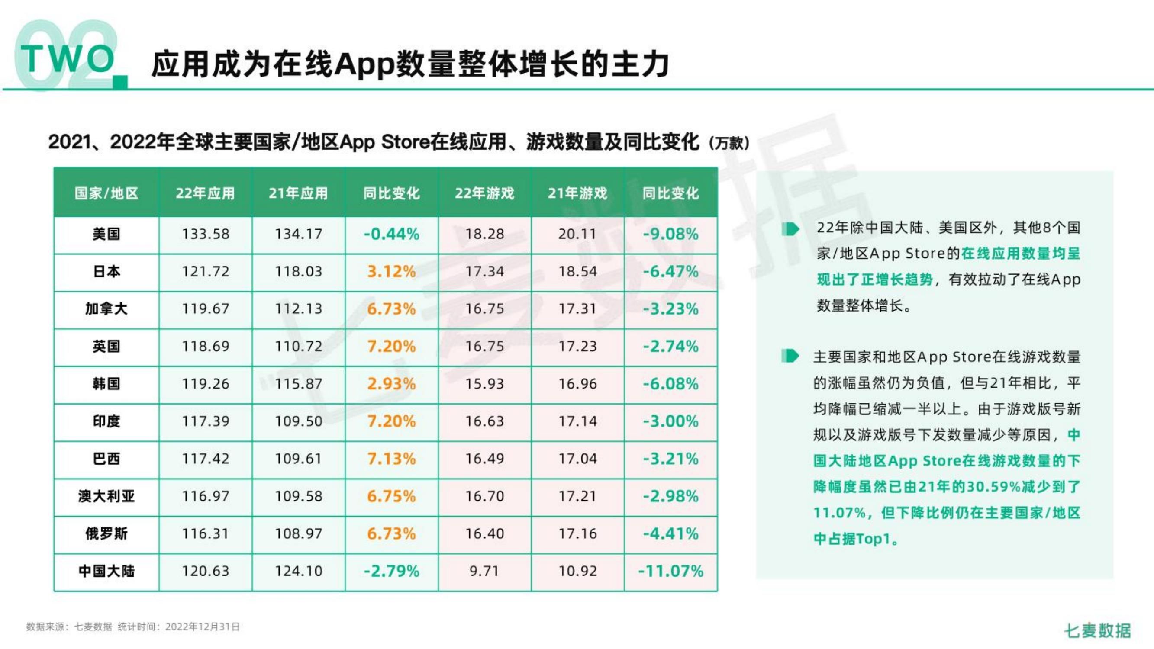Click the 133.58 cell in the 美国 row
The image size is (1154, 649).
click(x=205, y=234)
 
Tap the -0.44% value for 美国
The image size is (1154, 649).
click(x=391, y=234)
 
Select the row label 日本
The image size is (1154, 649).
click(x=106, y=271)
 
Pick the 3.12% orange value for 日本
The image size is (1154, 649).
click(x=391, y=271)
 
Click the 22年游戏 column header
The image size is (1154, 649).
click(x=484, y=193)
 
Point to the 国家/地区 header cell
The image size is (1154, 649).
click(x=106, y=193)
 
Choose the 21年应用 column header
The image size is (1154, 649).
click(x=298, y=193)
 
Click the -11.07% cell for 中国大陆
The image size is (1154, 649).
click(x=670, y=571)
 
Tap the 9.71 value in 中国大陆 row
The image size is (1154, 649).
click(x=484, y=571)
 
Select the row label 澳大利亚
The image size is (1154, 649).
click(x=106, y=496)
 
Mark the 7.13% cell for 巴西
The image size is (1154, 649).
click(x=391, y=459)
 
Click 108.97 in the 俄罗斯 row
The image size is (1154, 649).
click(x=298, y=533)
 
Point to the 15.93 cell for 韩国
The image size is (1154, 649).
click(x=484, y=384)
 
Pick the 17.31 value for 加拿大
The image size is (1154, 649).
click(x=577, y=308)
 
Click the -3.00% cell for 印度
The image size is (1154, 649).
click(x=670, y=421)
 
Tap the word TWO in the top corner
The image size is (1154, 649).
click(x=67, y=59)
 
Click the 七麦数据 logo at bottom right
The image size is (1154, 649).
click(x=1097, y=630)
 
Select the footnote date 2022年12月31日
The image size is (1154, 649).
click(x=203, y=627)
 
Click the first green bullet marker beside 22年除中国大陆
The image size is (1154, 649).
click(x=790, y=229)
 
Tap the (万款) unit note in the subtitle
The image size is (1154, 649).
click(x=729, y=143)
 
